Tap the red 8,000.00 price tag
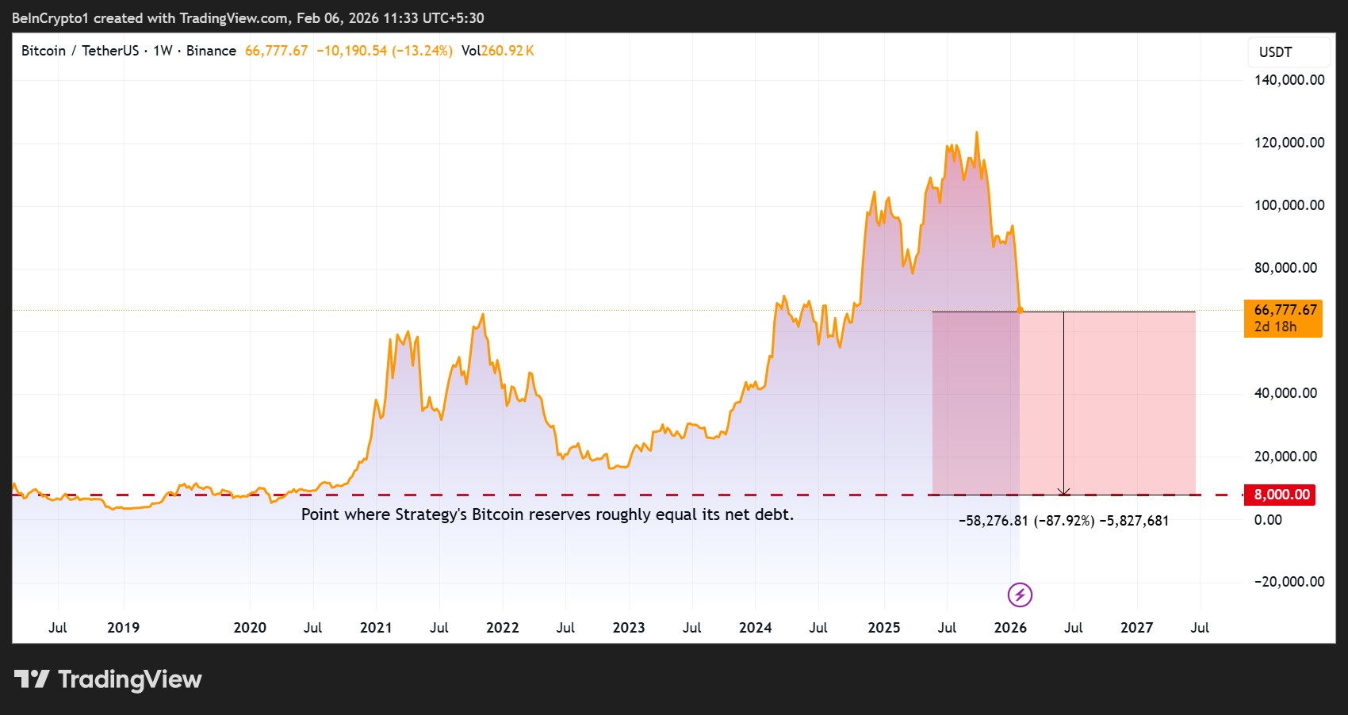click(1281, 495)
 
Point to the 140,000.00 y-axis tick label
click(1289, 80)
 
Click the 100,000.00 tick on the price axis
click(1289, 205)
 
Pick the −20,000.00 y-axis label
click(1289, 582)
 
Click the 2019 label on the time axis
click(123, 628)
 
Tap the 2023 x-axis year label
click(629, 628)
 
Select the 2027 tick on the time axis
click(1136, 628)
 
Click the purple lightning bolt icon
click(1020, 595)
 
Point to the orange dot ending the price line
click(1020, 310)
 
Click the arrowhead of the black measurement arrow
click(1064, 492)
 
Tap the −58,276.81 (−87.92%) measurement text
click(1026, 521)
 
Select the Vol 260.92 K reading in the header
click(498, 51)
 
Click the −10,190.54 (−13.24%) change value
click(385, 51)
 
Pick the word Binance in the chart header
click(211, 51)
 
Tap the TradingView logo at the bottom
click(109, 679)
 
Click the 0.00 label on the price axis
click(1268, 520)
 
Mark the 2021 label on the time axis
click(376, 628)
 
